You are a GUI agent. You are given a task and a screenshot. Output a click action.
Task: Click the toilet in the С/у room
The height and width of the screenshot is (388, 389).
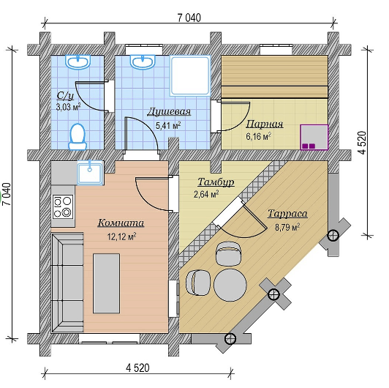pos(78,137)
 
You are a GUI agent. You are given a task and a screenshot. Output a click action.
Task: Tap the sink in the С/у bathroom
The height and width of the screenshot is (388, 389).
pos(78,61)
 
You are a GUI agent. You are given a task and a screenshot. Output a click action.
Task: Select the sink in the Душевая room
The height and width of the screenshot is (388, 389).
pos(143,61)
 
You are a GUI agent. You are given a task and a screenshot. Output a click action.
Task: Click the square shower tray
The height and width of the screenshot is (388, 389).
pos(190,75)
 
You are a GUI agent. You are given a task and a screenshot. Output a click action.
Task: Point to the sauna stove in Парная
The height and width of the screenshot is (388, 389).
pos(314,138)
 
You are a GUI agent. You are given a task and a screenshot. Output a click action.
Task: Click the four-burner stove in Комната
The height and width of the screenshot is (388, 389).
pos(63,206)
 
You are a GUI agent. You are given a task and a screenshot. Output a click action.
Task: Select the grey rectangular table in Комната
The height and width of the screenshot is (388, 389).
pos(107,283)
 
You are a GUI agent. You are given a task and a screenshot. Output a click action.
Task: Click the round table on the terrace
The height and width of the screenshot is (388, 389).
pos(230,285)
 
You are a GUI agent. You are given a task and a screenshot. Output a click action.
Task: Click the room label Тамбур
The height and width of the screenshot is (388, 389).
pos(216,182)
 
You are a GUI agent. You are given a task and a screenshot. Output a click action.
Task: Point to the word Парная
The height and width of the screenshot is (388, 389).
pos(265,124)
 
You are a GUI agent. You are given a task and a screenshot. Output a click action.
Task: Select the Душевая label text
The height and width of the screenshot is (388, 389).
pos(169,111)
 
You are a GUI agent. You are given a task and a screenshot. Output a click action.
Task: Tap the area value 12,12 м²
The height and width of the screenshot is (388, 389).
pos(121,236)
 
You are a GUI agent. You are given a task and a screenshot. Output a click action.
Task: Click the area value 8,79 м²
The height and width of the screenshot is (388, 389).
pos(287,227)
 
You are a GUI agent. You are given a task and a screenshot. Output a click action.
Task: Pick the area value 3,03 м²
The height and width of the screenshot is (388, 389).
pos(69,107)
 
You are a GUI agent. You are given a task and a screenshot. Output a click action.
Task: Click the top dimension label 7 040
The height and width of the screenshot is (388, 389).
pos(189,18)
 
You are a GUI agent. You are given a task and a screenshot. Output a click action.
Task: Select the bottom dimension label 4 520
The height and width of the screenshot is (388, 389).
pos(137,368)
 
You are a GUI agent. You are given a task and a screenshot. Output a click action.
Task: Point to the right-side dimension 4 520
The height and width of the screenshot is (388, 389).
pos(363,143)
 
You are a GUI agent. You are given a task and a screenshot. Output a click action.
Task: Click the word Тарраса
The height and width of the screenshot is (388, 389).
pos(287,214)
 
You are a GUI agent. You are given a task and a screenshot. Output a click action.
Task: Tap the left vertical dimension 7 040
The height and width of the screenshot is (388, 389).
pos(7,194)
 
